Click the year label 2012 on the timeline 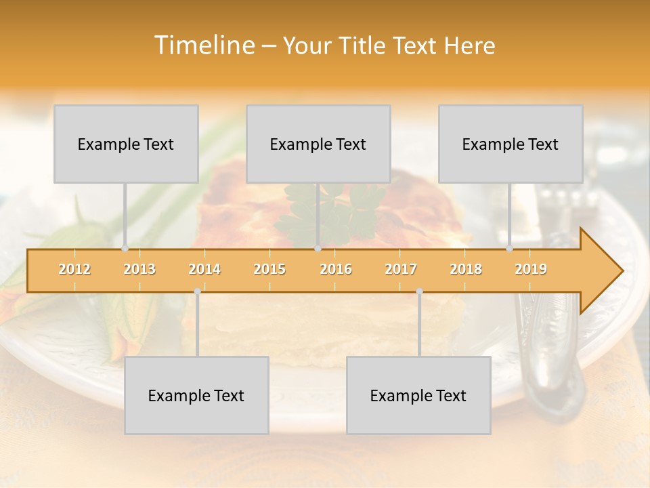(x=74, y=269)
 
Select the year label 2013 (x=139, y=269)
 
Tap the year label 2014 (x=204, y=269)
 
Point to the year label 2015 (x=269, y=269)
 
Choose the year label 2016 (x=336, y=269)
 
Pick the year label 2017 (x=401, y=269)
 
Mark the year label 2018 (x=466, y=269)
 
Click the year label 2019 (x=531, y=269)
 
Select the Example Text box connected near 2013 (x=126, y=144)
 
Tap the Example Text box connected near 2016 (x=318, y=144)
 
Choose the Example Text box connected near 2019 (x=511, y=144)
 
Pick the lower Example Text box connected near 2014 (x=196, y=395)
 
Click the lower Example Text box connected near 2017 (x=418, y=395)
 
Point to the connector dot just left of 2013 (x=125, y=249)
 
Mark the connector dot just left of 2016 (x=318, y=249)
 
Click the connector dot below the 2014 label (x=197, y=291)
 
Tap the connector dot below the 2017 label (x=419, y=291)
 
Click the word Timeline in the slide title (x=204, y=45)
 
